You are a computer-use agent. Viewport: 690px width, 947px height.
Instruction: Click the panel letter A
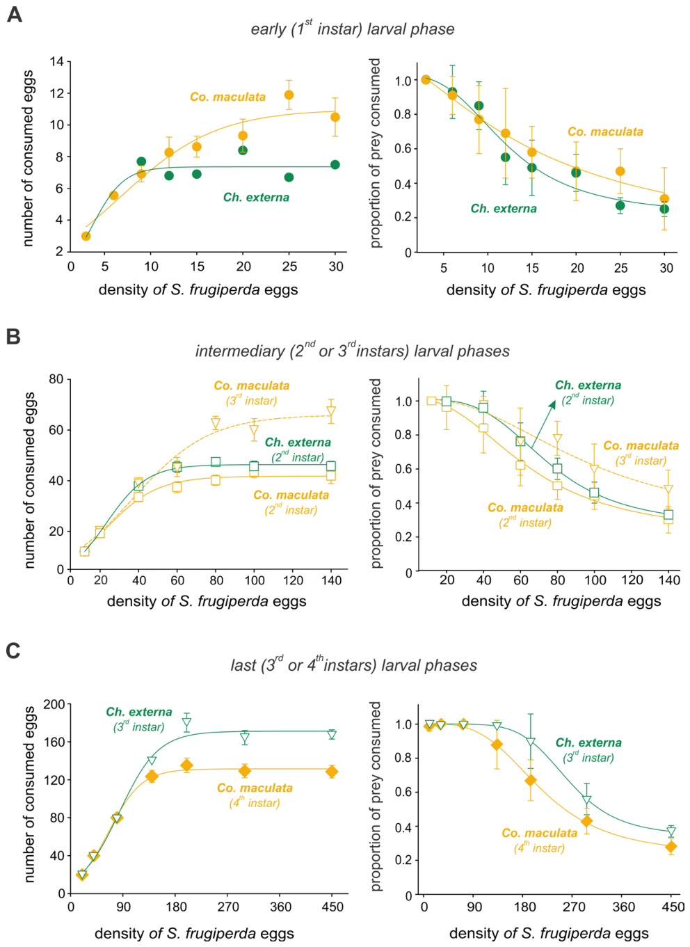(15, 15)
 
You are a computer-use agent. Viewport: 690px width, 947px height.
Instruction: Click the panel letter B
(13, 337)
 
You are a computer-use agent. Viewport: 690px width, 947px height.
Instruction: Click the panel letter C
(13, 651)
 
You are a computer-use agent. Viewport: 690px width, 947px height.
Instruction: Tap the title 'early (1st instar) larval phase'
(353, 29)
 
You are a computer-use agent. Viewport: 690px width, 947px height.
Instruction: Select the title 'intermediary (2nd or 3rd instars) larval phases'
(353, 351)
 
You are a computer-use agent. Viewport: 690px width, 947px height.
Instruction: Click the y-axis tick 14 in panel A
(56, 62)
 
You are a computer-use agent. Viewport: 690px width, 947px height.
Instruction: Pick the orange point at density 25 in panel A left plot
(289, 95)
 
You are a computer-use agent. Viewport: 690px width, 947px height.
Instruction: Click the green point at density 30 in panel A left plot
(335, 164)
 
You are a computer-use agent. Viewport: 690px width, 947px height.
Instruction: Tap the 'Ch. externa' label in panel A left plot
(256, 198)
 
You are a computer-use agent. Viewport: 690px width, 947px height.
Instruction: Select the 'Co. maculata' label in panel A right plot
(605, 132)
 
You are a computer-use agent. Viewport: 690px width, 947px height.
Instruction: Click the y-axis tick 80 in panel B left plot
(56, 379)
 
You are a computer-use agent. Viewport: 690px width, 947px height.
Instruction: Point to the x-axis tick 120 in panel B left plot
(293, 580)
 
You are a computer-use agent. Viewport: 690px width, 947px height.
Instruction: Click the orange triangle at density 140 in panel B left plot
(331, 411)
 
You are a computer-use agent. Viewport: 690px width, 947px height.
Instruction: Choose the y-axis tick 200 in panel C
(54, 704)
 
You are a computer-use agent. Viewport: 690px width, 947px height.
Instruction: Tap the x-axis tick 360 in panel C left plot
(280, 907)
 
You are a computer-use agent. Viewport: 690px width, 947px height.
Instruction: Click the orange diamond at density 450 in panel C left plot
(332, 772)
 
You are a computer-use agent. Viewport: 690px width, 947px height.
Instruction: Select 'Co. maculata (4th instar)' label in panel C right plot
(539, 841)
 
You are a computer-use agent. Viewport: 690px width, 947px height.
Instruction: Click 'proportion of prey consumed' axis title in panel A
(376, 153)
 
